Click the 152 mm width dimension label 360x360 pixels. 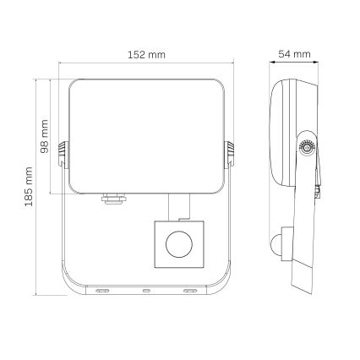point(145,54)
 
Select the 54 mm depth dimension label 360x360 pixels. point(295,54)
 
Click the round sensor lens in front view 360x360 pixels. point(178,246)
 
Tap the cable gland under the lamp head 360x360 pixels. point(109,201)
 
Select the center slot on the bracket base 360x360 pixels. point(145,292)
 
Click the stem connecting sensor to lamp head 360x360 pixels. point(178,205)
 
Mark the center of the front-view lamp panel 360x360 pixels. point(145,135)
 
